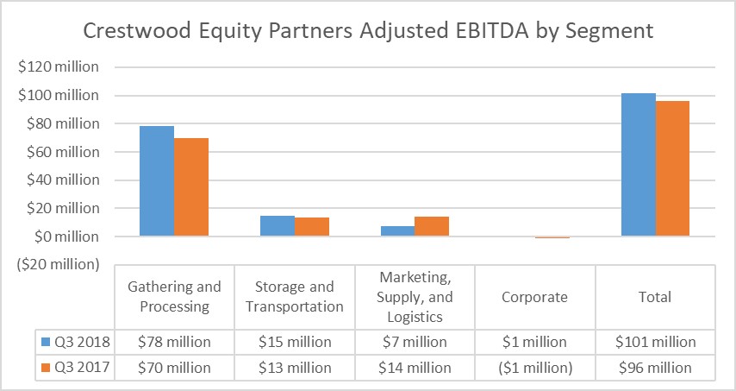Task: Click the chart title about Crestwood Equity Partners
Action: (368, 32)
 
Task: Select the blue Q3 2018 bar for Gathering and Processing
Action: (157, 181)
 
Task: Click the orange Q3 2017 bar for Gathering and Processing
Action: (191, 186)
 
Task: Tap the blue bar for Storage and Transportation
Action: (278, 226)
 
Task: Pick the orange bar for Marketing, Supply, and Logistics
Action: (432, 226)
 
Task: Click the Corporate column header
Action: (535, 297)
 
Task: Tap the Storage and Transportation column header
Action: (295, 297)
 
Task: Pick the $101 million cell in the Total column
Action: (655, 342)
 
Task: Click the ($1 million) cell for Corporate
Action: (535, 368)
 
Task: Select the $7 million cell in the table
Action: (415, 342)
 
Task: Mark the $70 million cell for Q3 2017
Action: (174, 368)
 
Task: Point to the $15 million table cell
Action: (295, 342)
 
